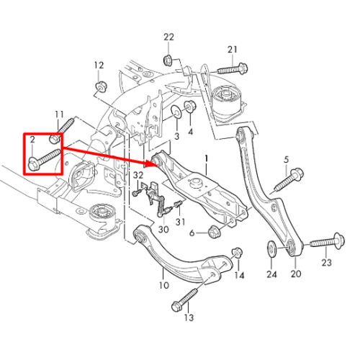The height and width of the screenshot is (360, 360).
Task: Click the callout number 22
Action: point(168,37)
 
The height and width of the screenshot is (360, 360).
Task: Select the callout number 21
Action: point(232,50)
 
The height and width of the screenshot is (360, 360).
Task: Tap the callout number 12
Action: point(99,65)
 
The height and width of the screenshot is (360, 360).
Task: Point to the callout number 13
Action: point(189,318)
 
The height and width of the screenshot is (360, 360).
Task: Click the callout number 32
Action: point(138,175)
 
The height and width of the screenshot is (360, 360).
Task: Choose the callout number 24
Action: point(271,274)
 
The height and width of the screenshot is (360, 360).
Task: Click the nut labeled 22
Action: point(167,60)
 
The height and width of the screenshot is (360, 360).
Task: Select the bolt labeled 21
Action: point(233,68)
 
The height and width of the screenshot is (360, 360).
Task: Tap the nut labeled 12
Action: point(101,86)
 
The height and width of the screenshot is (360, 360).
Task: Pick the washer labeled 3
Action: point(176,112)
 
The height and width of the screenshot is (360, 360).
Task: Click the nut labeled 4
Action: point(190,107)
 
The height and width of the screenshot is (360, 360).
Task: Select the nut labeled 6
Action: point(214,232)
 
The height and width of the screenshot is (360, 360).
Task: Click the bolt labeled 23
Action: point(328,241)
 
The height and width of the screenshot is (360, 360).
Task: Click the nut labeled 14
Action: point(237,253)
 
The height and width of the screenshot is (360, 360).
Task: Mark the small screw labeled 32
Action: point(137,193)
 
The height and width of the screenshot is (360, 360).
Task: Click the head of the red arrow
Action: point(153,163)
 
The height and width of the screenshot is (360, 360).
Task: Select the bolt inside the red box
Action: point(44,160)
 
